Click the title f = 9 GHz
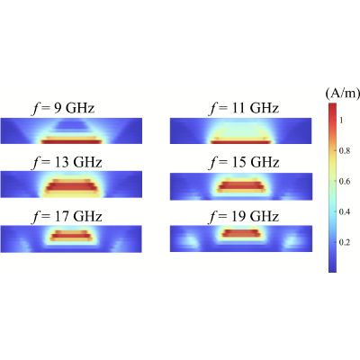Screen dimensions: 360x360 click(x=63, y=108)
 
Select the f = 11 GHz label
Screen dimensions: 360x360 click(x=244, y=108)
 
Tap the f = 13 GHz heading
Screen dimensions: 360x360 click(x=67, y=162)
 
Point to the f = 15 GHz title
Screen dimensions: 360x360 click(x=244, y=162)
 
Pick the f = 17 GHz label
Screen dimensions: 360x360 click(x=67, y=216)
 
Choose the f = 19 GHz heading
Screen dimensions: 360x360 click(x=244, y=216)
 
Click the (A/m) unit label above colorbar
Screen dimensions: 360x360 click(x=342, y=94)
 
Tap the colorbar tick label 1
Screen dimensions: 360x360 click(x=341, y=120)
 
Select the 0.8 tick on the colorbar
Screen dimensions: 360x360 click(x=345, y=150)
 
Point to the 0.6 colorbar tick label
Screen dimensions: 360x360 click(x=345, y=181)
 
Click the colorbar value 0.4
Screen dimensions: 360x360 click(x=345, y=211)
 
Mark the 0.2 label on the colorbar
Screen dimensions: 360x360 click(x=345, y=242)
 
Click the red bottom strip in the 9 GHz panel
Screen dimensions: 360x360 click(x=72, y=141)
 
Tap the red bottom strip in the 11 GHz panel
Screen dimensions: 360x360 click(x=240, y=142)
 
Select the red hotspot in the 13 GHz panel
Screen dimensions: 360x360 click(x=72, y=185)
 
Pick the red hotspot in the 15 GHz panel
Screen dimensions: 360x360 click(x=240, y=185)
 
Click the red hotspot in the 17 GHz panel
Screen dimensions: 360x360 click(x=71, y=236)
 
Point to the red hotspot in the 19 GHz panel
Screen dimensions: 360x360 click(x=240, y=233)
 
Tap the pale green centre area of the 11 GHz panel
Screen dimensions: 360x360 click(x=240, y=130)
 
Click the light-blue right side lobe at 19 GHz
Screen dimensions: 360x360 click(x=290, y=241)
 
